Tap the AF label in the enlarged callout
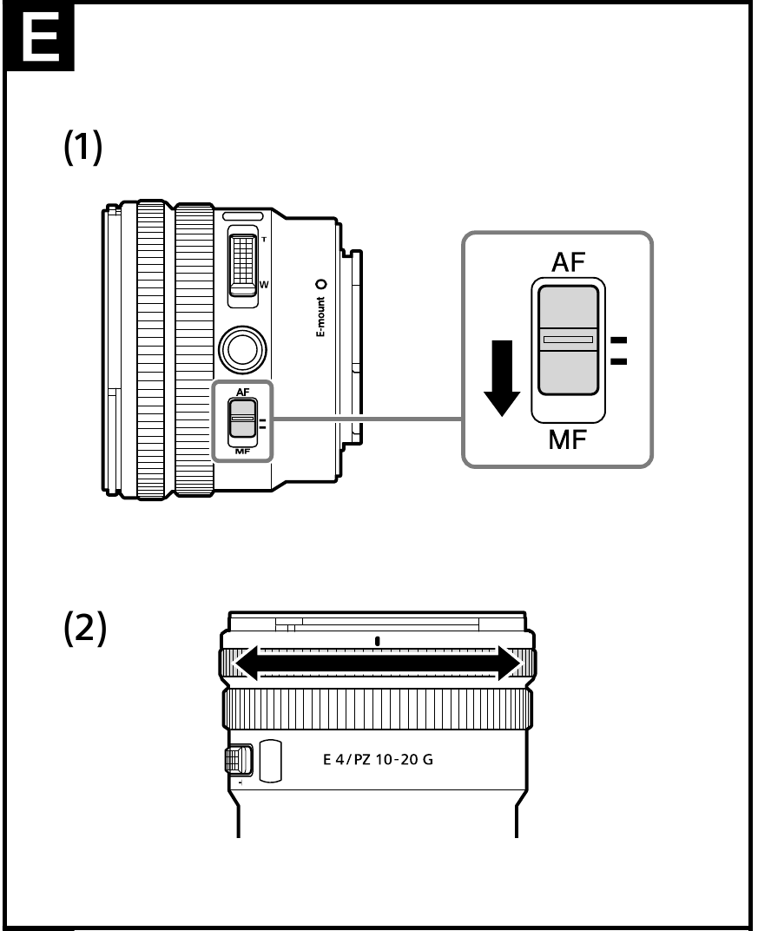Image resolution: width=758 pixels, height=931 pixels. [x=569, y=264]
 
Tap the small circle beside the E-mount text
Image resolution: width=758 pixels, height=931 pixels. [x=320, y=284]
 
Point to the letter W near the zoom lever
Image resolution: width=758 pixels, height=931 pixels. [x=264, y=284]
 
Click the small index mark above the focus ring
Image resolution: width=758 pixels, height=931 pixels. [x=378, y=641]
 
